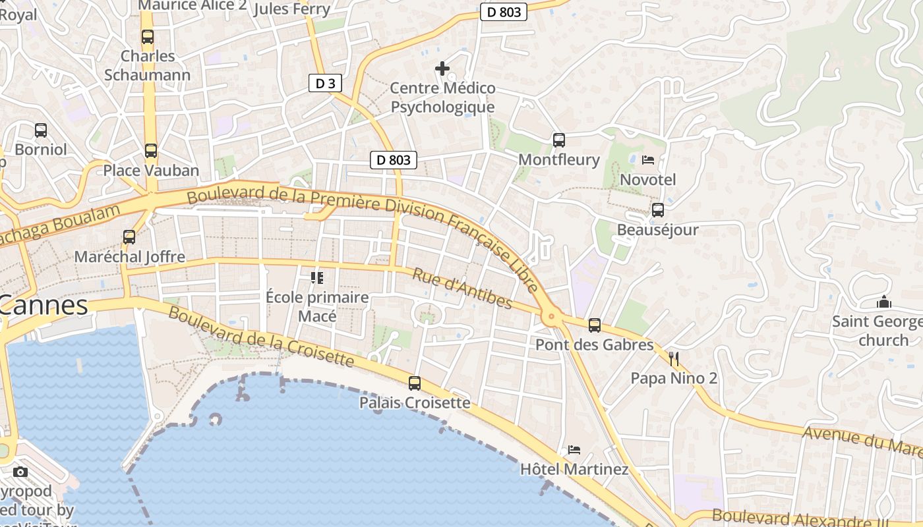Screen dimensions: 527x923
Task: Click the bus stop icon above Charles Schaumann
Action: [x=147, y=37]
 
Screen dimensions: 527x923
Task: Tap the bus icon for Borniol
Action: [x=41, y=130]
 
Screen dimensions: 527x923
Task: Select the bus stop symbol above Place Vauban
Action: [x=151, y=151]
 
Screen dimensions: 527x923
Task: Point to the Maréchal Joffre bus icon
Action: [x=129, y=237]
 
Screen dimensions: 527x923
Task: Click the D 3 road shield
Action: [x=325, y=83]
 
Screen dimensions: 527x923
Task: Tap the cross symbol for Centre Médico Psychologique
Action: [x=442, y=68]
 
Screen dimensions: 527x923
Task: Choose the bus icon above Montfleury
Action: [x=559, y=140]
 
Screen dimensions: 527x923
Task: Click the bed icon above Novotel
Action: [x=648, y=159]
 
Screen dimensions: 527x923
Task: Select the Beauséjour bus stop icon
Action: [x=657, y=210]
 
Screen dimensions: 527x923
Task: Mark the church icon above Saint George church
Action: [x=883, y=302]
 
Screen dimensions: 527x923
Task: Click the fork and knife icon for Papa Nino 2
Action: [x=673, y=358]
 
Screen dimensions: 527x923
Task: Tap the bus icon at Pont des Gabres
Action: [x=595, y=325]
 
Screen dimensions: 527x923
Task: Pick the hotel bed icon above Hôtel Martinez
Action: [x=574, y=450]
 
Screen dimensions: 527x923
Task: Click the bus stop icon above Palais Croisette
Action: [x=415, y=383]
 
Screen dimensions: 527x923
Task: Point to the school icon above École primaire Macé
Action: [x=317, y=278]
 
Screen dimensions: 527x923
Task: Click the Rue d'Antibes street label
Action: [x=462, y=288]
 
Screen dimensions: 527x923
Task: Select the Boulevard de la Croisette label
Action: [x=261, y=335]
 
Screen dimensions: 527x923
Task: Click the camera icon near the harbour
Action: [x=20, y=472]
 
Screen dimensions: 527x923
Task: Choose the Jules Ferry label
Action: [x=291, y=9]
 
